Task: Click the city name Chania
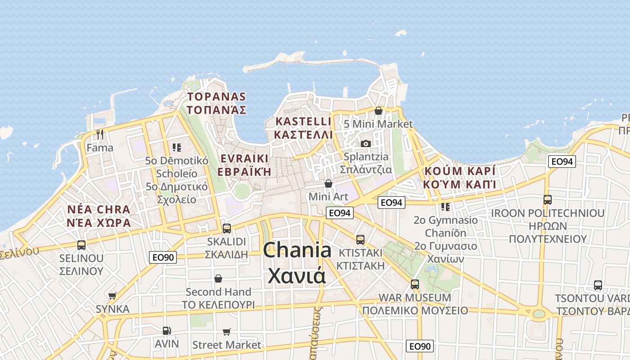point(297,250)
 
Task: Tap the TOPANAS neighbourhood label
point(216,96)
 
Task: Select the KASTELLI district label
point(303,121)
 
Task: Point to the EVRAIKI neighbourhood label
point(244,158)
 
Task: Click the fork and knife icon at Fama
point(100,134)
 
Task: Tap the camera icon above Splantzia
point(366,144)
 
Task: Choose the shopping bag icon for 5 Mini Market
point(378,110)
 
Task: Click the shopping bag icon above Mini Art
point(328,184)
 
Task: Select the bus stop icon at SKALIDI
point(227,228)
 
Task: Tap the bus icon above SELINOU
point(81,245)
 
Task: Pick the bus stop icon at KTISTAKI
point(360,239)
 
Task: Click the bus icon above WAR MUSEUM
point(415,284)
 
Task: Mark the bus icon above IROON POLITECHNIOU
point(548,200)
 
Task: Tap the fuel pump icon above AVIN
point(166,331)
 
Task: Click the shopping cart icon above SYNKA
point(112,296)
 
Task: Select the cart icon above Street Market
point(227,332)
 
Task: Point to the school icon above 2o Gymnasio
point(445,207)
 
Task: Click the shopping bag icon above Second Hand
point(218,279)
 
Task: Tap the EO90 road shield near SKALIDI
point(163,257)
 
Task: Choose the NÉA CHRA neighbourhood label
point(99,209)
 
